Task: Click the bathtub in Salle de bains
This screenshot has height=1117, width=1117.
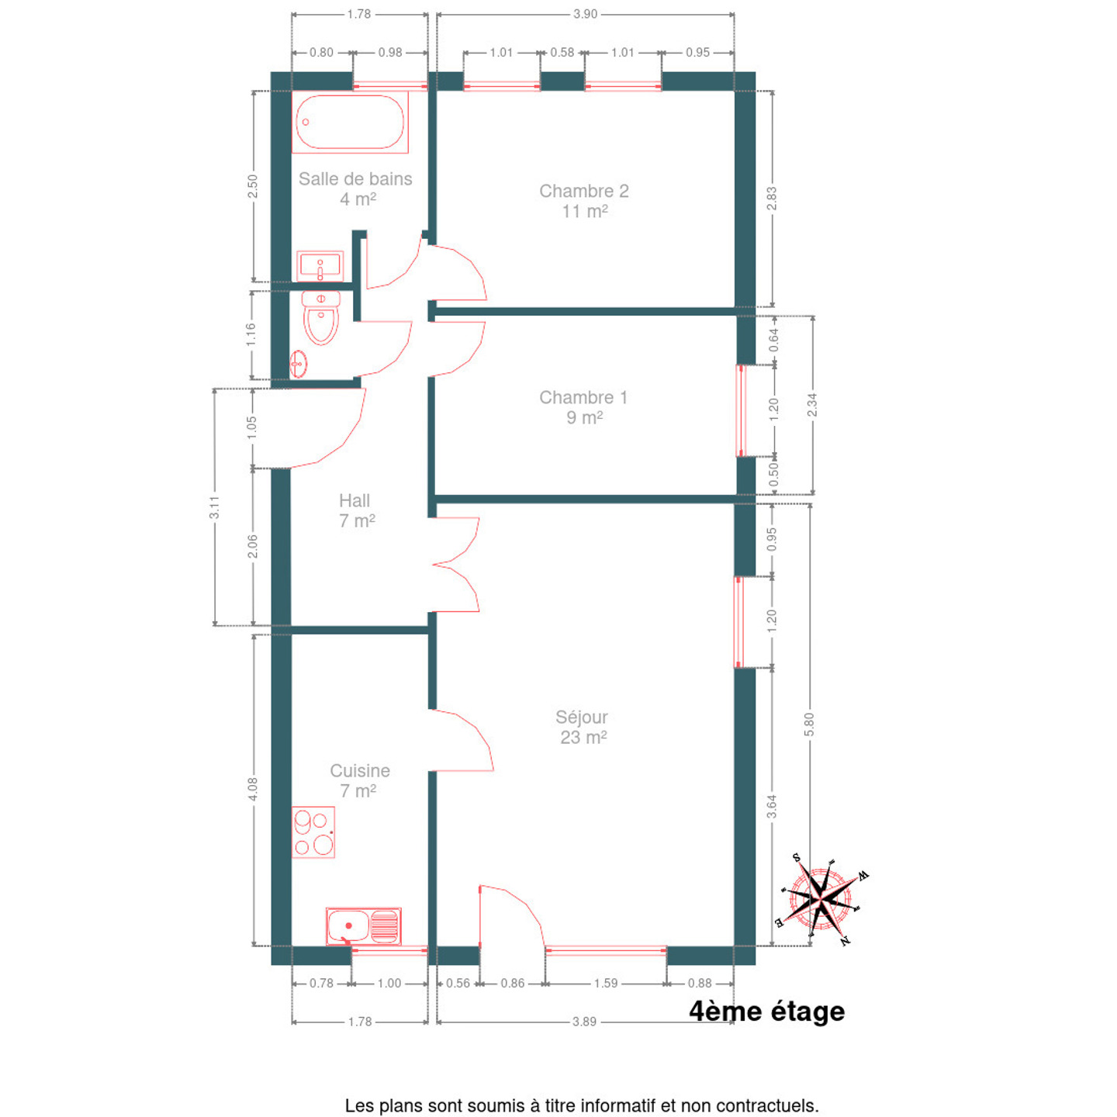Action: point(350,122)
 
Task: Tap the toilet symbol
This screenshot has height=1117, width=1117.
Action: point(320,318)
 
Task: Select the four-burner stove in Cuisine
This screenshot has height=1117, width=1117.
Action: point(313,832)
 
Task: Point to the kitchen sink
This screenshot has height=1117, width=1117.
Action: point(364,926)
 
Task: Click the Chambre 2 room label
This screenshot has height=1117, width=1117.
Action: point(584,201)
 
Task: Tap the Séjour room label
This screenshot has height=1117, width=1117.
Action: point(583,727)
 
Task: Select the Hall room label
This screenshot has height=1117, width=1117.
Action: point(356,510)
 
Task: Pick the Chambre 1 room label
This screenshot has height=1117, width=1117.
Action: point(583,407)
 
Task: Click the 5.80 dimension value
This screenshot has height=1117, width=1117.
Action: point(809,724)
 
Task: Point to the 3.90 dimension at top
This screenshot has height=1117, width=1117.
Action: point(585,14)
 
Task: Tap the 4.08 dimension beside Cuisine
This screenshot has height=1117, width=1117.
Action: point(253,790)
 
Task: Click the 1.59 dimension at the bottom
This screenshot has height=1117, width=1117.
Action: point(606,983)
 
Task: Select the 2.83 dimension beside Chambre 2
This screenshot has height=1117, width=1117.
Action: point(772,199)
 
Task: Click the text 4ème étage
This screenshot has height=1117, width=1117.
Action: point(767,1012)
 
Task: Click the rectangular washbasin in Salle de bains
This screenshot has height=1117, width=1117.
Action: point(320,266)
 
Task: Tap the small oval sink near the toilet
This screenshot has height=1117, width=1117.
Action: point(298,364)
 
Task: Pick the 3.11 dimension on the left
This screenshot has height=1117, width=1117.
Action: point(214,507)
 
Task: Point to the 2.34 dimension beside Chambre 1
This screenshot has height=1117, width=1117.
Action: point(812,405)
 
